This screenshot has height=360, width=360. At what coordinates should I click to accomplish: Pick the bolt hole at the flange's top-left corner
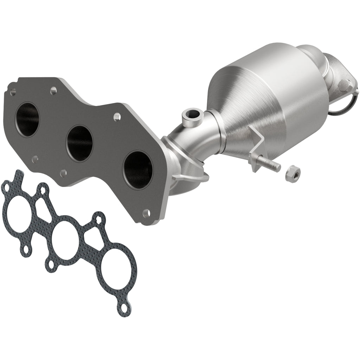pos(13,92)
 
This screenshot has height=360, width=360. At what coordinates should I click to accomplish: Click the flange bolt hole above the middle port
pos(116,115)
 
